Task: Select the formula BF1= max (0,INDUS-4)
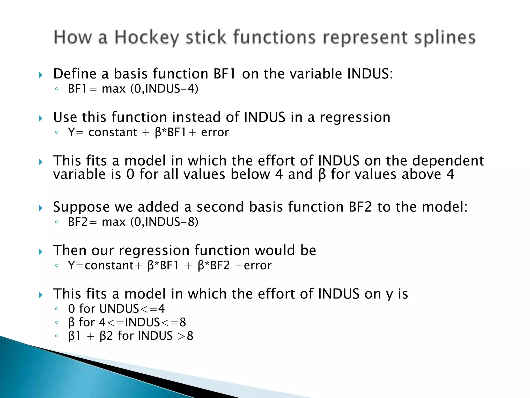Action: point(133,89)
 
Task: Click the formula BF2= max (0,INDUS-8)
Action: point(133,222)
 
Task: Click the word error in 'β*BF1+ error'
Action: point(215,132)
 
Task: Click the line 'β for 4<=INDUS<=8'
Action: point(127,322)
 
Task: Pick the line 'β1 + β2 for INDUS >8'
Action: point(131,336)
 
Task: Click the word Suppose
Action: point(81,207)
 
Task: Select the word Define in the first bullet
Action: point(75,74)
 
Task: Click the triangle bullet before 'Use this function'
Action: point(40,119)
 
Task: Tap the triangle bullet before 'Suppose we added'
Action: point(40,208)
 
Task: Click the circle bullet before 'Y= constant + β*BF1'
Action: point(57,133)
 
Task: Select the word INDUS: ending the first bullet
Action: point(370,74)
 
